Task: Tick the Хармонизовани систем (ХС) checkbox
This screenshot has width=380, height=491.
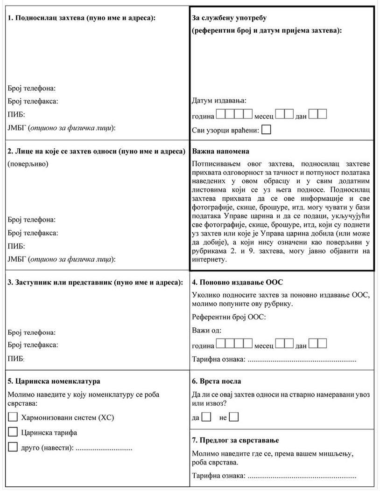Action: (13, 417)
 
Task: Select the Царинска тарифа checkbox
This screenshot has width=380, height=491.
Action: (13, 432)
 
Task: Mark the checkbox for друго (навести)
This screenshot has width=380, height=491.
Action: (13, 448)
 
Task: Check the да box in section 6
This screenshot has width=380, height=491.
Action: (207, 417)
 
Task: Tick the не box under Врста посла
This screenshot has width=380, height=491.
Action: (234, 417)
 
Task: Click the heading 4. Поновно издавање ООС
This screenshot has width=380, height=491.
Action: (238, 283)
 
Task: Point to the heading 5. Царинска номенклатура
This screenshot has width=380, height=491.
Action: (54, 381)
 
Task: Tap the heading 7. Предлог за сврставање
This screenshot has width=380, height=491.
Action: (236, 440)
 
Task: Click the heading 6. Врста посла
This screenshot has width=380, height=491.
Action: (217, 381)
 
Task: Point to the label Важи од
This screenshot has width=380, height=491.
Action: (207, 331)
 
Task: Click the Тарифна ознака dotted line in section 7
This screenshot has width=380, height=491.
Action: (302, 476)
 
